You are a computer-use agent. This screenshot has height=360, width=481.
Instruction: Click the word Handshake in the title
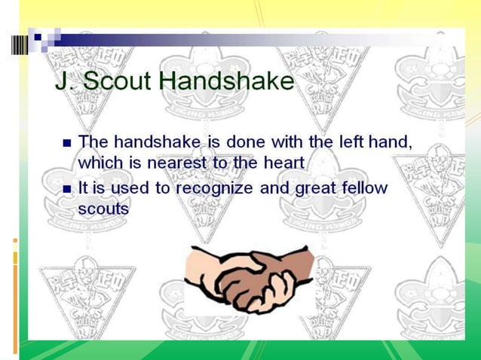tap(228, 81)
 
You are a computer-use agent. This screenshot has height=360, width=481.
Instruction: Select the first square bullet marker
tap(67, 142)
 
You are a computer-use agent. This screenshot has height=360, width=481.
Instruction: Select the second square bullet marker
tap(67, 189)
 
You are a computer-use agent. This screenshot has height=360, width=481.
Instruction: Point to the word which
tap(100, 161)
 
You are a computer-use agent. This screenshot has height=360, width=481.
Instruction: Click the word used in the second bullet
tap(131, 188)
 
